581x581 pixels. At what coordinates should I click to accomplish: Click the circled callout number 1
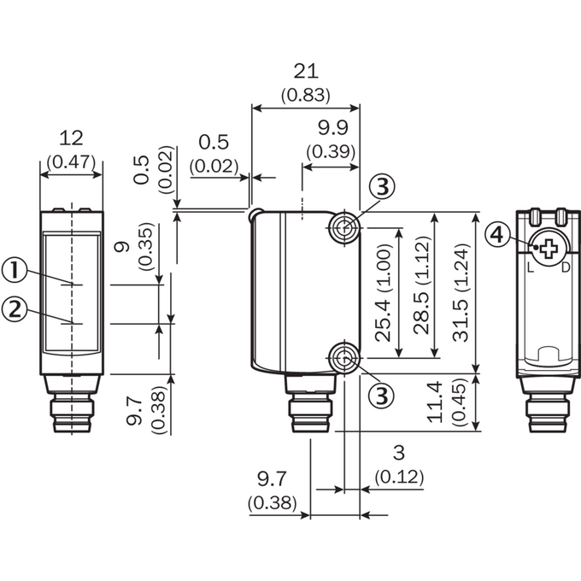(15, 270)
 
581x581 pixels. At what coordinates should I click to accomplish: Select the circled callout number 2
(15, 308)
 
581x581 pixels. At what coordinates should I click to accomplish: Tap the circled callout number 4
(497, 235)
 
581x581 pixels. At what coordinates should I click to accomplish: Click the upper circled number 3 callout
(383, 187)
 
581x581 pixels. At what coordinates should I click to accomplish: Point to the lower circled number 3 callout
(382, 395)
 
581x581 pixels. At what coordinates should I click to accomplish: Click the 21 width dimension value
(306, 71)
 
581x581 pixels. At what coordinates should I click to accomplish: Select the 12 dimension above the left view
(71, 138)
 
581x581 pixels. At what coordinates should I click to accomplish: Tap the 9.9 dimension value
(333, 128)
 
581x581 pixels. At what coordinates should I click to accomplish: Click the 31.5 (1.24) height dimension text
(461, 293)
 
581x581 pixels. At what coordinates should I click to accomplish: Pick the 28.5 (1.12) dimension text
(422, 285)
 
